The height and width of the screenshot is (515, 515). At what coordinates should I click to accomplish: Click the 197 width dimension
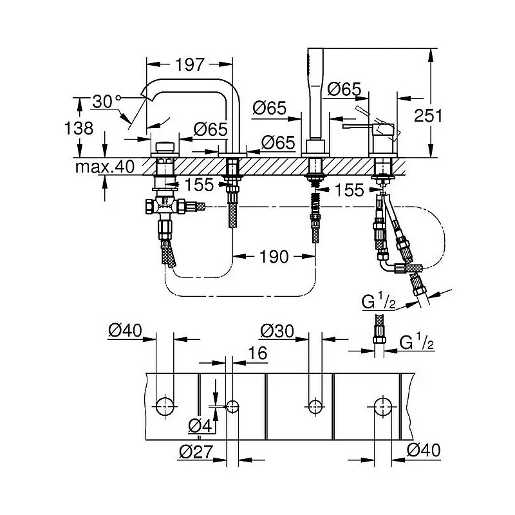tap(190, 65)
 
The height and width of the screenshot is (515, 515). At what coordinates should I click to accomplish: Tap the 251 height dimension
tap(428, 115)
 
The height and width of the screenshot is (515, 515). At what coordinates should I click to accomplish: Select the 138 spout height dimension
tap(79, 127)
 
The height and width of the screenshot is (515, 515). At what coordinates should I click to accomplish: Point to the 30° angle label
tap(107, 102)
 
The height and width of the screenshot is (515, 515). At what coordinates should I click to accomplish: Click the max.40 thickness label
tap(105, 167)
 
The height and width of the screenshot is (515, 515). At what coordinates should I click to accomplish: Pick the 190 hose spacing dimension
tap(274, 256)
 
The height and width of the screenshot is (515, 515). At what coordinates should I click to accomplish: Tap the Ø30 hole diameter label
tap(277, 331)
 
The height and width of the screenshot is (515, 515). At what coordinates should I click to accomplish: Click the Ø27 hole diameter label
tap(196, 452)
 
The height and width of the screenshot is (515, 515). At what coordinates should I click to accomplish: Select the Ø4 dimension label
tap(200, 426)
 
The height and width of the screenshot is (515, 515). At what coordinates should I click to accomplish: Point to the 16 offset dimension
tap(258, 353)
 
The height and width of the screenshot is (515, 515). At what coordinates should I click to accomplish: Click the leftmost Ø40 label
tap(125, 330)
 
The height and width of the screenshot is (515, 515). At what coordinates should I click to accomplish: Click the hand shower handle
tap(315, 93)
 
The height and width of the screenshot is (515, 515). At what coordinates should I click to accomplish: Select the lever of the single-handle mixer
tap(357, 126)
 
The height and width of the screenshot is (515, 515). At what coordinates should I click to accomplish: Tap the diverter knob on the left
tap(165, 147)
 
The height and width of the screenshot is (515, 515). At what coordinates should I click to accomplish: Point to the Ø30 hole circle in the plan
tap(315, 406)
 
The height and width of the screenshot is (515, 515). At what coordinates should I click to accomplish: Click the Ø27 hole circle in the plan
tap(232, 407)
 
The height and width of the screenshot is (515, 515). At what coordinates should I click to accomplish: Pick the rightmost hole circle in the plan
tap(383, 406)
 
